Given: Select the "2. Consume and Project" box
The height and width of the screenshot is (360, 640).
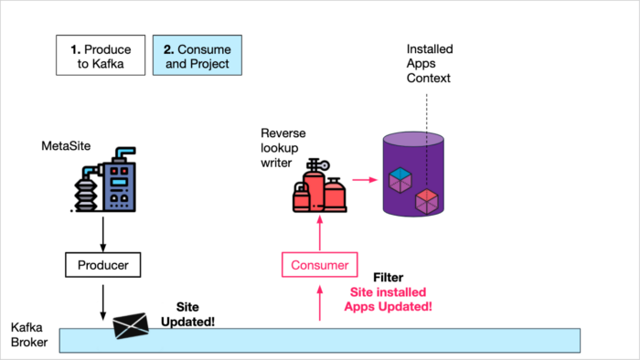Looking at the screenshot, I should [x=197, y=56].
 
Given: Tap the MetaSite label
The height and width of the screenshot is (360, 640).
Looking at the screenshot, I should [x=66, y=146].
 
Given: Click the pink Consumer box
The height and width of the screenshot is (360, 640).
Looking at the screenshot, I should [x=319, y=266].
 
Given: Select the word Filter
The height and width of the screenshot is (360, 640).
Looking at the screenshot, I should [x=389, y=277].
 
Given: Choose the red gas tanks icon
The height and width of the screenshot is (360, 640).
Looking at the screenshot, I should [x=318, y=193].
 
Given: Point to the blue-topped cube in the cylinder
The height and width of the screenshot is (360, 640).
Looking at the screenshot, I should [x=399, y=179].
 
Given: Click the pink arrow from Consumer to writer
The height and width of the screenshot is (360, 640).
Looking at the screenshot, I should [x=319, y=236].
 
